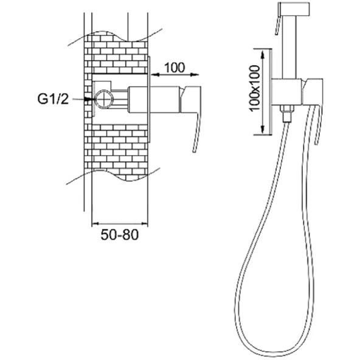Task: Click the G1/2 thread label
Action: point(53,99)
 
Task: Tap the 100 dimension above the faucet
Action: point(175,67)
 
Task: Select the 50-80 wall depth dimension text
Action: point(120,235)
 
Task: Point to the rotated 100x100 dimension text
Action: point(255,88)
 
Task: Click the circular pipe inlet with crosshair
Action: point(105,99)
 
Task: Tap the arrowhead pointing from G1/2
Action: point(90,99)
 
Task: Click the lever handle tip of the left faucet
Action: point(194,150)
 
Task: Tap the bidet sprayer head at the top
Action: point(294,9)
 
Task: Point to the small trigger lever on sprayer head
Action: point(278,26)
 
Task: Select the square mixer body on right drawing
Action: point(286,92)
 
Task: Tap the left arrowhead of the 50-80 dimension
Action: point(95,223)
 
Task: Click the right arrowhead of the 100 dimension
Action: point(195,74)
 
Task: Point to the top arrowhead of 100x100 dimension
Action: point(263,54)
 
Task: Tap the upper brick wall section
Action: point(116,55)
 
